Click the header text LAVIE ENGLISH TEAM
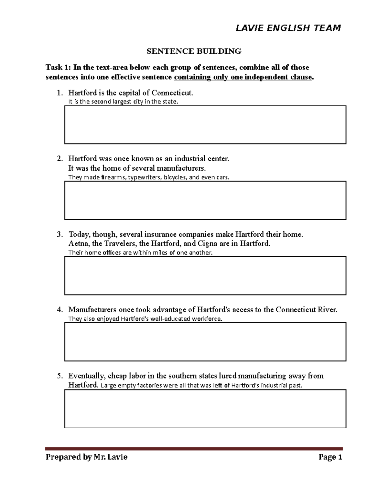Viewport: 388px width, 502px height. [288, 28]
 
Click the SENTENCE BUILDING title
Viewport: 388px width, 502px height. [194, 51]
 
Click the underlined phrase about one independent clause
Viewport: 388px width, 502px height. [243, 77]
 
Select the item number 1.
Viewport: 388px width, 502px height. [59, 93]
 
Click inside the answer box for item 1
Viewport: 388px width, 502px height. [205, 124]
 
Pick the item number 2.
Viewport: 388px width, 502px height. [59, 159]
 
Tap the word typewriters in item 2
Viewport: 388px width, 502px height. [145, 177]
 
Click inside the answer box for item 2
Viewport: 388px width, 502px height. [205, 200]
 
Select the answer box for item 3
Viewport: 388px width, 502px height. [205, 275]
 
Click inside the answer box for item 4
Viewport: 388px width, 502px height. [205, 342]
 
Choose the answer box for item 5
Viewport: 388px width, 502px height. [205, 409]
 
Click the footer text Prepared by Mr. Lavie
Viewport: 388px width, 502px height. [86, 457]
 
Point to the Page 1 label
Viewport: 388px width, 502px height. [330, 457]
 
